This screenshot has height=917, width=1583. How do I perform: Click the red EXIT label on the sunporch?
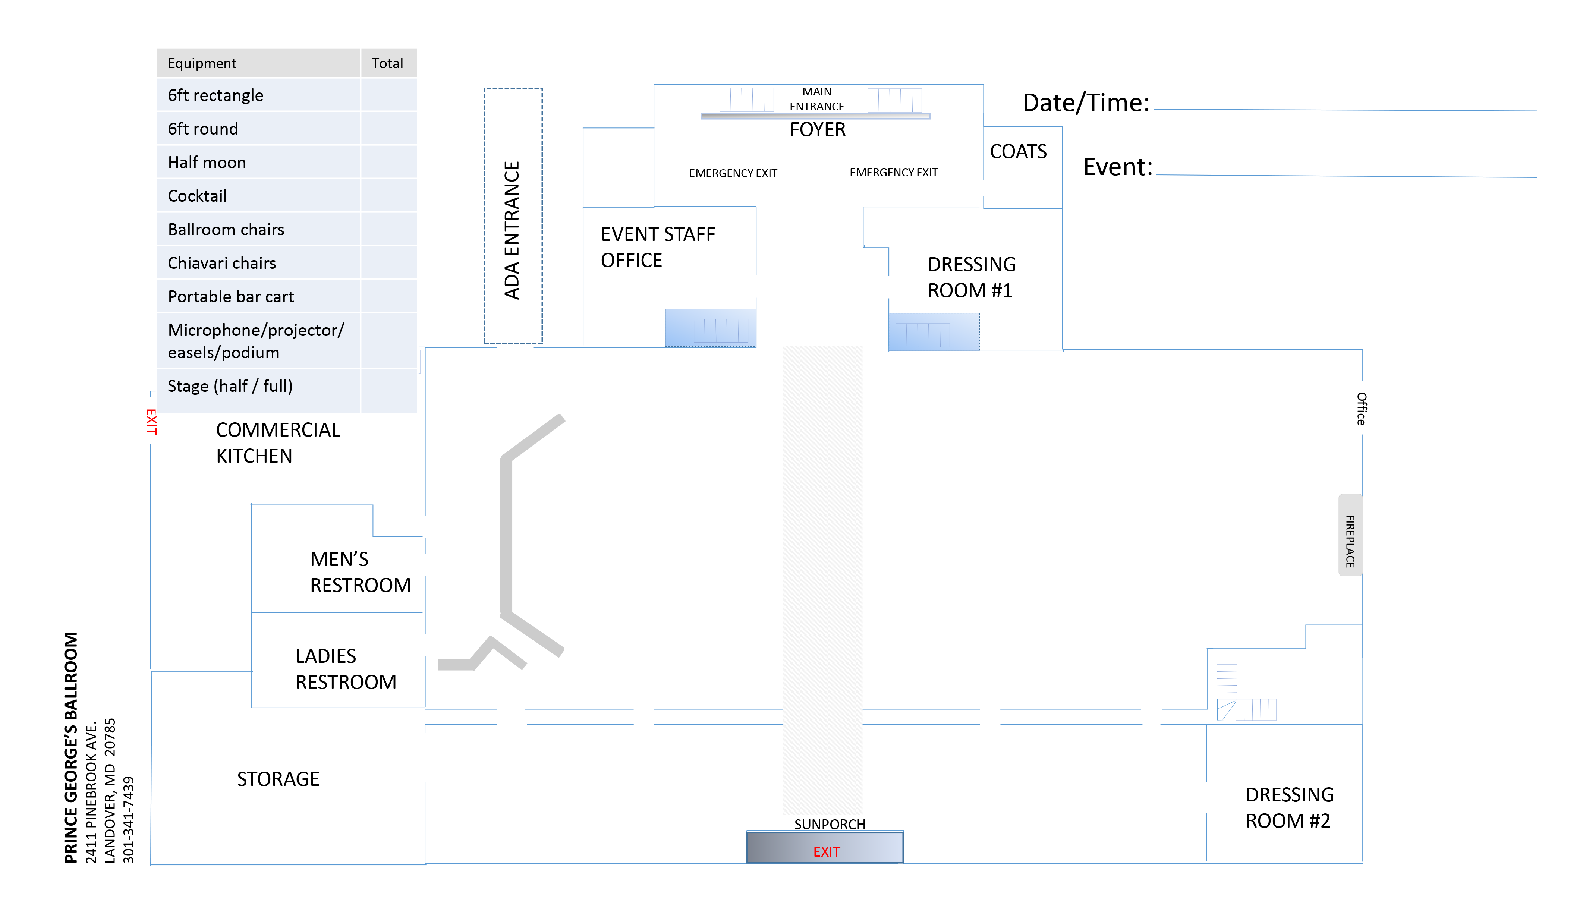(826, 852)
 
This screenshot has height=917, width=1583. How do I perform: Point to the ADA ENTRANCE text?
(512, 230)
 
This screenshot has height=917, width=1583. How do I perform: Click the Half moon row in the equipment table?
(207, 163)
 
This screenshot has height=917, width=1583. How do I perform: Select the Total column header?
(387, 63)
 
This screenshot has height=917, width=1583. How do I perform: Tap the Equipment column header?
(202, 63)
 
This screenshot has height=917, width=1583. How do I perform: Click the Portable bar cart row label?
(230, 296)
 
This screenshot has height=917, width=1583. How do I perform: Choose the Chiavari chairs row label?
(222, 263)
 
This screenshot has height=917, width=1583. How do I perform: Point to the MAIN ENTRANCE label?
(816, 99)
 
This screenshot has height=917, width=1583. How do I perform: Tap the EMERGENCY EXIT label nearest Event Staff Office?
(733, 173)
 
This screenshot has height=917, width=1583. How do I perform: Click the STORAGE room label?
(278, 779)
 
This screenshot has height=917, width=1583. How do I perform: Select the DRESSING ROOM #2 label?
(1289, 808)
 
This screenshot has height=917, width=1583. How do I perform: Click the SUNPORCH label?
(829, 824)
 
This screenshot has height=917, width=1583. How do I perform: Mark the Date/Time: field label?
(1086, 103)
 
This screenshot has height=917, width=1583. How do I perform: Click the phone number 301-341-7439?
(128, 820)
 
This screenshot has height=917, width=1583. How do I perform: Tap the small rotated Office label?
(1361, 409)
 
